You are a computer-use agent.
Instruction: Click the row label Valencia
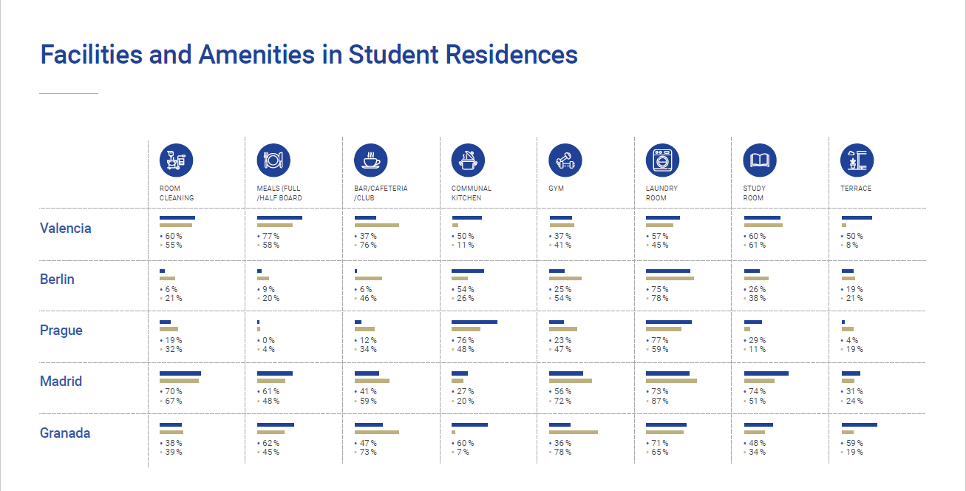tap(66, 228)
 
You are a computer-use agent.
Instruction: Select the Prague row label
tap(61, 331)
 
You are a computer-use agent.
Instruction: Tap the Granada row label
tap(65, 433)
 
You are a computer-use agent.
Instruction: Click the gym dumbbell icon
tap(565, 160)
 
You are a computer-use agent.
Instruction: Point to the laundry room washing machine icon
tap(662, 160)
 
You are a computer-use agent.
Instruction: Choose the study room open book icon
tap(760, 160)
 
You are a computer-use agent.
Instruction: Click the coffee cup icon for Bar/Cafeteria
tap(371, 160)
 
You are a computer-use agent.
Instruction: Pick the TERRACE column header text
tap(856, 189)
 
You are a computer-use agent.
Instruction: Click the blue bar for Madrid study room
tap(766, 373)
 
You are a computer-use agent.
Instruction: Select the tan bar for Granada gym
tap(574, 432)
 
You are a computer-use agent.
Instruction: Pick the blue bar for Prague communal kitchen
tap(475, 322)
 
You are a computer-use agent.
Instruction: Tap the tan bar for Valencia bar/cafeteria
tap(377, 225)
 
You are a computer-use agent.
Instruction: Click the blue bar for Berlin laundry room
tap(668, 271)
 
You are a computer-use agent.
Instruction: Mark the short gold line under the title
tap(68, 94)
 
